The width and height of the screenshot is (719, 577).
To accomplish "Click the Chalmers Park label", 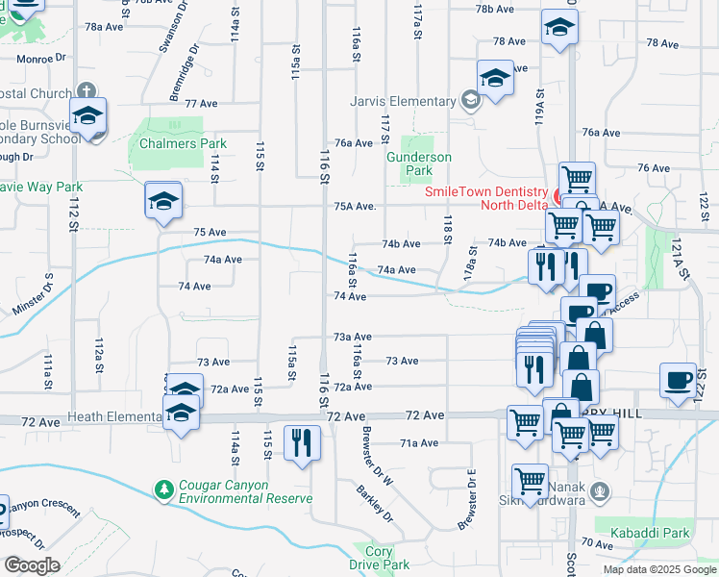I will coord(183,143).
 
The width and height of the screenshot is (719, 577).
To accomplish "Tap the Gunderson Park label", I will coord(419,163).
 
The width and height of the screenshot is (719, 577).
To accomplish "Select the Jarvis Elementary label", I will coord(409,101).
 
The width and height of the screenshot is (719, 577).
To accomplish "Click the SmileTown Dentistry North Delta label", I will coord(485,197).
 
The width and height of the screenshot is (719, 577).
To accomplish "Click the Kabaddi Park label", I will coord(657,533).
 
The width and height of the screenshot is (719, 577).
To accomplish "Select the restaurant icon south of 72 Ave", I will coord(302,442).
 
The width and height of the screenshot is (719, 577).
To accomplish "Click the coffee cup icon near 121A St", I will coord(678,379).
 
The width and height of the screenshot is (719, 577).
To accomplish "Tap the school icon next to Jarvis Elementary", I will coord(495,78).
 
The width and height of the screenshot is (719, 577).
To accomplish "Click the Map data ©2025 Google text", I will coord(658,569).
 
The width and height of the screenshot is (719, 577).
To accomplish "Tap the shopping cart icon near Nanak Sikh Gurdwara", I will coord(531,480).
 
